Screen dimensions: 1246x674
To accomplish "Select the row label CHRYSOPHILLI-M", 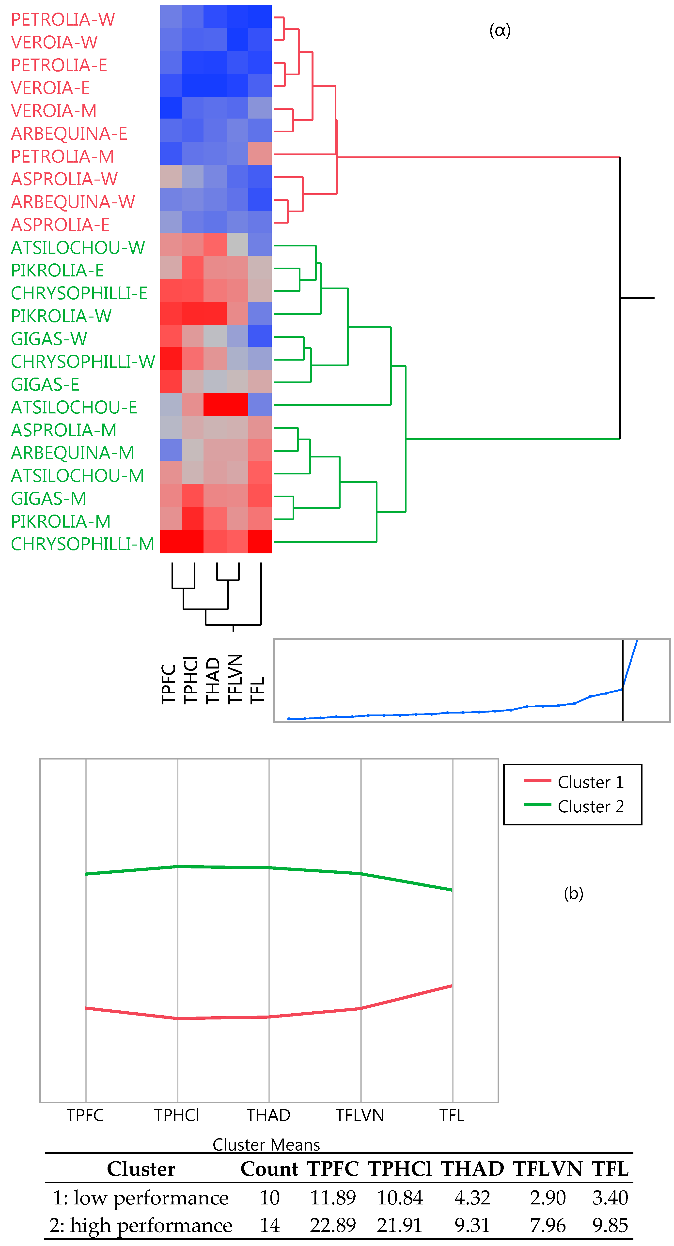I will tap(82, 544).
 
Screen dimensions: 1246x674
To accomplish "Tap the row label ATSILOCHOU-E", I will tap(74, 407).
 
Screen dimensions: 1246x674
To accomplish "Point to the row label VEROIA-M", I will tap(54, 111).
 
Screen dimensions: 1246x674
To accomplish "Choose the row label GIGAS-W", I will tap(49, 339).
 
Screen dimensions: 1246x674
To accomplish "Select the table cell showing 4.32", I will tap(472, 1198).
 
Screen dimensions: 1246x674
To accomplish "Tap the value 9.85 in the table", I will tap(610, 1225).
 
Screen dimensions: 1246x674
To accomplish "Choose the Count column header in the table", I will tap(269, 1169).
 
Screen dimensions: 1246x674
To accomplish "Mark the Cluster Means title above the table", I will tap(266, 1144).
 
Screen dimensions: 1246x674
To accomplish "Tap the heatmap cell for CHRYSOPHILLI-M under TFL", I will tap(260, 542).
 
